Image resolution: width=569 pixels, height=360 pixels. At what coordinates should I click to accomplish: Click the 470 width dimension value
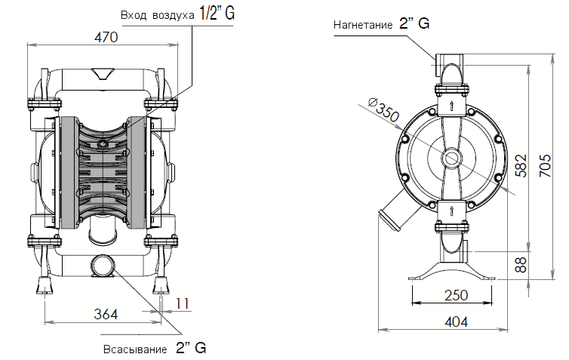tap(107, 38)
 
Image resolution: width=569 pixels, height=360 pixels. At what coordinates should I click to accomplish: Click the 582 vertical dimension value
tap(521, 165)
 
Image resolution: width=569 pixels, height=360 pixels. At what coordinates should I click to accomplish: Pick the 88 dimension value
tap(521, 264)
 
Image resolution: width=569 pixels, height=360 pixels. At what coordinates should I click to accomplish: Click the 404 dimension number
tap(456, 321)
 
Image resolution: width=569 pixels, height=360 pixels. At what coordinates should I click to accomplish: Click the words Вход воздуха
tap(157, 15)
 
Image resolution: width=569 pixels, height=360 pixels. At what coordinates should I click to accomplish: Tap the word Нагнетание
tap(363, 25)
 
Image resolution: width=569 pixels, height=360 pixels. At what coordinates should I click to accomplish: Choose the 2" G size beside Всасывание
tap(190, 348)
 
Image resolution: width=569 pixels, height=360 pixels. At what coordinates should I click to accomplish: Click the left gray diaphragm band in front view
tap(66, 172)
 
